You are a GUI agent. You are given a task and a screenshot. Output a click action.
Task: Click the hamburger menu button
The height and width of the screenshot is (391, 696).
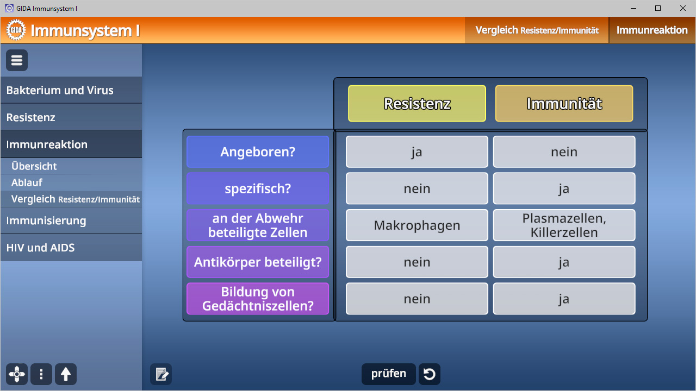point(17,60)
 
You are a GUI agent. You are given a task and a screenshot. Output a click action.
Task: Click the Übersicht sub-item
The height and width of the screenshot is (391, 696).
point(34,166)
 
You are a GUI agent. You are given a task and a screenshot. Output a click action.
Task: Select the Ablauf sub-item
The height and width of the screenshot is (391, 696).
point(27,182)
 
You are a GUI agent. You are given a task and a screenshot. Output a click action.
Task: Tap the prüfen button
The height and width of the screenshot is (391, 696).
point(388,374)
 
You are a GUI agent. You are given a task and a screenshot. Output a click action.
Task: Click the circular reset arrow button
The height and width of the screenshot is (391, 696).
point(430,374)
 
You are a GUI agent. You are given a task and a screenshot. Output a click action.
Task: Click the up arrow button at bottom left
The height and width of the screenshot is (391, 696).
point(66,374)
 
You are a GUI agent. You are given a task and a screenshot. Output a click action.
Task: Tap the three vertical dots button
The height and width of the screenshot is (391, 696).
point(41,374)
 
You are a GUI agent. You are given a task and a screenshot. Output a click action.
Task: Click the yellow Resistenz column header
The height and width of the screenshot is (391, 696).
point(417,103)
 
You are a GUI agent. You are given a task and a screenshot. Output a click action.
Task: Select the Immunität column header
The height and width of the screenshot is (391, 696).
point(564,103)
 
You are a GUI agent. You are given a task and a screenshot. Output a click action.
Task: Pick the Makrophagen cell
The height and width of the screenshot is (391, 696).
point(417,225)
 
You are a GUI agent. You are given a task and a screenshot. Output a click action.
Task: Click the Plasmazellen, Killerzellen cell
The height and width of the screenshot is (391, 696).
point(564,225)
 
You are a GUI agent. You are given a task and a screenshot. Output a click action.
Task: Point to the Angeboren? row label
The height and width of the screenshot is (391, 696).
point(258,152)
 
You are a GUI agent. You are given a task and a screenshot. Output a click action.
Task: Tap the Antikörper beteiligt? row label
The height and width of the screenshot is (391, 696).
point(258,262)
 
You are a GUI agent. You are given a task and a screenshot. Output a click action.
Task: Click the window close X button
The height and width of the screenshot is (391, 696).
point(682,8)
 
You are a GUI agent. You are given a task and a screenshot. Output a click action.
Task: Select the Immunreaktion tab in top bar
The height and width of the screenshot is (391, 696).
point(652,30)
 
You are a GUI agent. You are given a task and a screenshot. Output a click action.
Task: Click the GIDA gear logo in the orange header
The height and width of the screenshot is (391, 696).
point(16,30)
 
